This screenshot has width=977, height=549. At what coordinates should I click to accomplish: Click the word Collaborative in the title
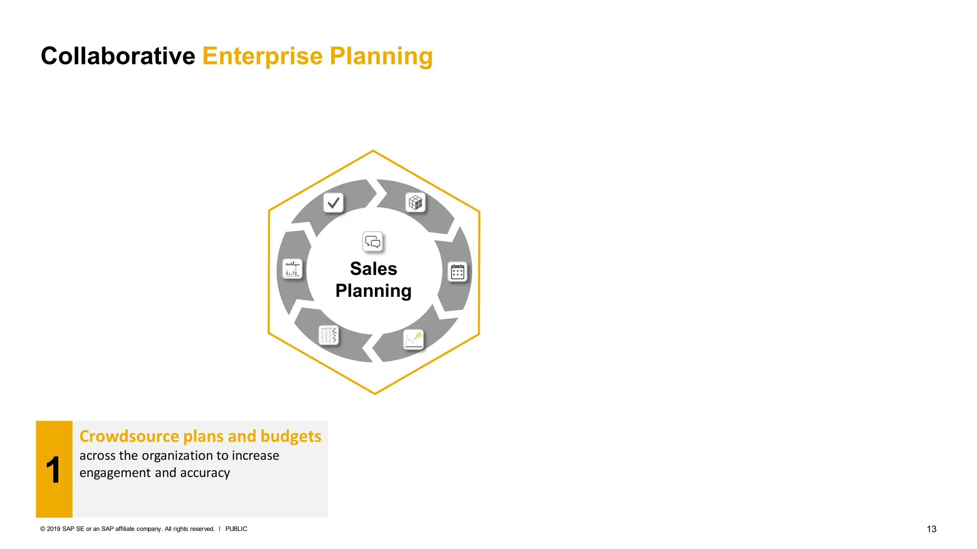pyautogui.click(x=118, y=56)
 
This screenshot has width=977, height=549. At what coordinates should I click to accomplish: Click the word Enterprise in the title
pyautogui.click(x=263, y=56)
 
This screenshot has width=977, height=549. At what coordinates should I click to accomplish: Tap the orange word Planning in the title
pyautogui.click(x=381, y=56)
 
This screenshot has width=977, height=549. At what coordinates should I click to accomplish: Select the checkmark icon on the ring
pyautogui.click(x=333, y=203)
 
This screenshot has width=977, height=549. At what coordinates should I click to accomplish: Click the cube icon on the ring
pyautogui.click(x=416, y=203)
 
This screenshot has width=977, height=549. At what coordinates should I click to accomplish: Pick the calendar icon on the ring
pyautogui.click(x=457, y=272)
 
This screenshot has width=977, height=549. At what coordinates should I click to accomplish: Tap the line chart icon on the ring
pyautogui.click(x=414, y=339)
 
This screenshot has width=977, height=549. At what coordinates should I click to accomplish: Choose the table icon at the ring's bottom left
pyautogui.click(x=329, y=335)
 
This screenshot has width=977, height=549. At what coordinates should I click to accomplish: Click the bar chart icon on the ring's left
pyautogui.click(x=292, y=269)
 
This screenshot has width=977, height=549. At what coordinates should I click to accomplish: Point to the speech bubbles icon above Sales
pyautogui.click(x=373, y=242)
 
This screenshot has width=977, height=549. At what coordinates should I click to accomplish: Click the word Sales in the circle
pyautogui.click(x=374, y=269)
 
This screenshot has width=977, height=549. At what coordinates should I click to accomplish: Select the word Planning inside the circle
pyautogui.click(x=374, y=291)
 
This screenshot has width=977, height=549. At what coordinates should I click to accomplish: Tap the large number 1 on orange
pyautogui.click(x=53, y=470)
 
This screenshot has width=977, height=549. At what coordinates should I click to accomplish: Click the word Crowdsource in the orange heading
pyautogui.click(x=129, y=437)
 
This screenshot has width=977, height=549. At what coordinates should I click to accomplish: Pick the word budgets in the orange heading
pyautogui.click(x=291, y=437)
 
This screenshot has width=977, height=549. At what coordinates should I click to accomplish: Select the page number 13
pyautogui.click(x=931, y=529)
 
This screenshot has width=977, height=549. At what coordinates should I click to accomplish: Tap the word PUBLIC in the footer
pyautogui.click(x=236, y=529)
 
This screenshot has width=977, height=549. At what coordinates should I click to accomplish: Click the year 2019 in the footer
pyautogui.click(x=53, y=529)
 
